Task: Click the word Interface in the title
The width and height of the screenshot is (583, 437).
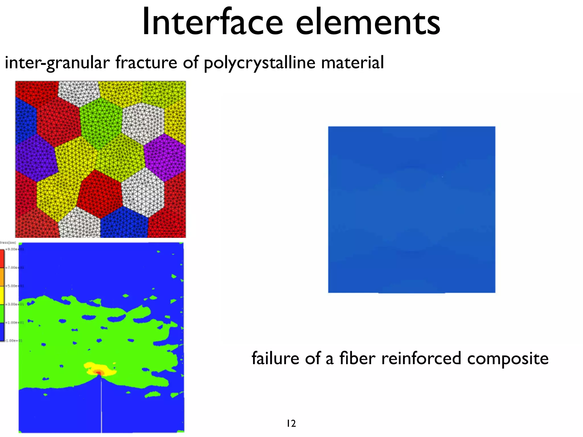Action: [x=212, y=22]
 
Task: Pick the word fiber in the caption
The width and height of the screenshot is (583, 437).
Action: [x=357, y=358]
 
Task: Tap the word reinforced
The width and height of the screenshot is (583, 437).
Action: [x=421, y=358]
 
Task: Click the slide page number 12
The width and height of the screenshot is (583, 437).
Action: [x=291, y=424]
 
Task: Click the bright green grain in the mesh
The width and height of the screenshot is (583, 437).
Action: [x=101, y=122]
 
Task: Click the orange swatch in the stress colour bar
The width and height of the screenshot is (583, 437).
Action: [x=2, y=277]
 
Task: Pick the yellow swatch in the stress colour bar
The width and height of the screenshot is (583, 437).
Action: [x=2, y=295]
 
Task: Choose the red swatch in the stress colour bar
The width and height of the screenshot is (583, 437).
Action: [x=2, y=258]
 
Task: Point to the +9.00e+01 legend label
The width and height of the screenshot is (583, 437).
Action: [x=14, y=249]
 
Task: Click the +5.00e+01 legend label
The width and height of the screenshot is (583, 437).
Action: [x=14, y=286]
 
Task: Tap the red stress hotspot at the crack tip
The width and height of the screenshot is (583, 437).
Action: [x=98, y=372]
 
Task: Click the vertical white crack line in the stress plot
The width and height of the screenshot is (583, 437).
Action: [x=101, y=407]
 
